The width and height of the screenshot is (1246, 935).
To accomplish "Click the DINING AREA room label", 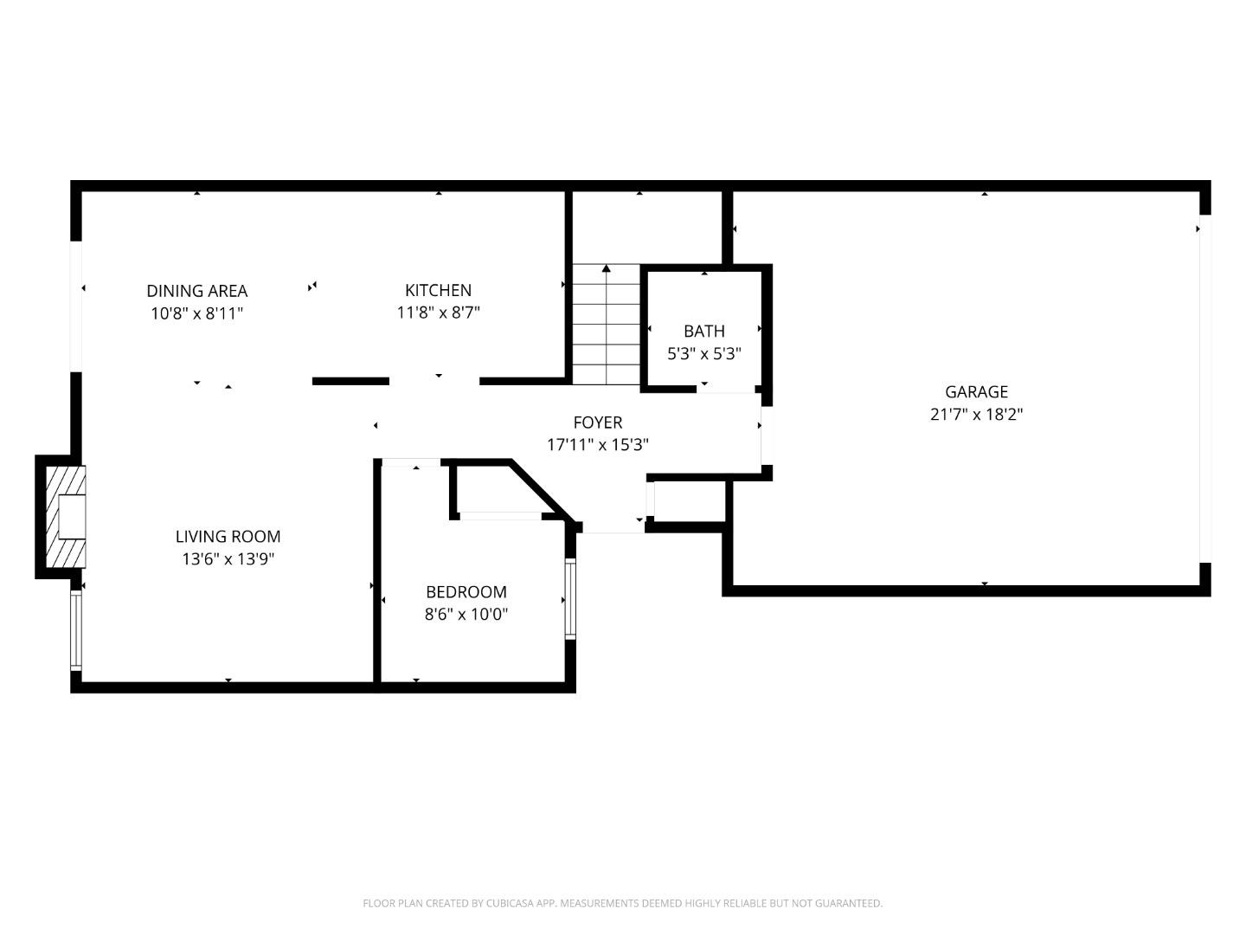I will point(196,291).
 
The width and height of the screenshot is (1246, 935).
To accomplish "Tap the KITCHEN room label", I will point(438,290).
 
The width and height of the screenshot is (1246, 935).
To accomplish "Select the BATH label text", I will point(703,331).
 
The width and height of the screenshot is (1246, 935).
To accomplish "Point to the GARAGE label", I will point(976,391).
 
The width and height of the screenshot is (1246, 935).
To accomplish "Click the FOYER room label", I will point(597,422).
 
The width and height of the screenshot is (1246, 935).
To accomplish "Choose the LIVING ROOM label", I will point(228,537).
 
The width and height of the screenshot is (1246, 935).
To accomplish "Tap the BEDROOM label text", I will point(466,592).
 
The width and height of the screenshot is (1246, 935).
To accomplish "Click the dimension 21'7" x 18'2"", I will point(976,415).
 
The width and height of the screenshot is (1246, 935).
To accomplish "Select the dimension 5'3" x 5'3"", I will point(703,353).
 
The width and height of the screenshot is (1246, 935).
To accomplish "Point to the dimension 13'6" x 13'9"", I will point(228,559).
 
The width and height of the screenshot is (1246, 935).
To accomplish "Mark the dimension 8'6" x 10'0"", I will point(466,615).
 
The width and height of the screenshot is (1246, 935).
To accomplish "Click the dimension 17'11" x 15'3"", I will point(597,445).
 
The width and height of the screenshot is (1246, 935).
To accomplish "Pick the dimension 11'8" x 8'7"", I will point(438,313).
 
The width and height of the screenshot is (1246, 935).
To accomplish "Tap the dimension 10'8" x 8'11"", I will point(196,313).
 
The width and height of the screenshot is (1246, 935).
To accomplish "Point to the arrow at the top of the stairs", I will point(606,269).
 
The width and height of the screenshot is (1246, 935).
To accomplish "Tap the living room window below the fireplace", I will point(76,630).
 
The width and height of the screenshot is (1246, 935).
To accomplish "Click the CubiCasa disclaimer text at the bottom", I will point(622,903).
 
